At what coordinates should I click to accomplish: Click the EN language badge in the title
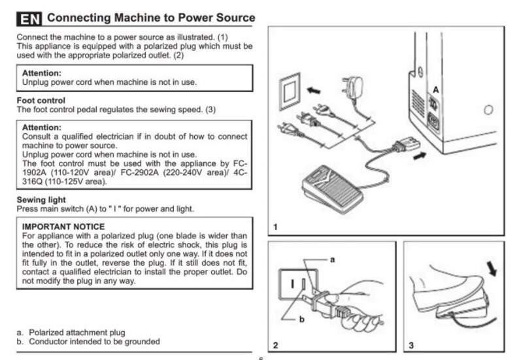click(29, 18)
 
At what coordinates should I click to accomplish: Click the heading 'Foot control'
click(41, 101)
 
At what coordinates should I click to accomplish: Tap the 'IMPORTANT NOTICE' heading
click(63, 227)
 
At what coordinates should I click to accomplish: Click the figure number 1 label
click(276, 227)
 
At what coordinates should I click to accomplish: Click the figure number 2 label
click(276, 344)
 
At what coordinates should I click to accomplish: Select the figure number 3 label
click(410, 344)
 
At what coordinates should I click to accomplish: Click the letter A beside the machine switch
click(436, 88)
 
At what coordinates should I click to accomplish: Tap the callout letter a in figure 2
click(332, 259)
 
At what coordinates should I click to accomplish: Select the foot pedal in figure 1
click(333, 185)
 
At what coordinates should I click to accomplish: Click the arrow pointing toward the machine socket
click(422, 155)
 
